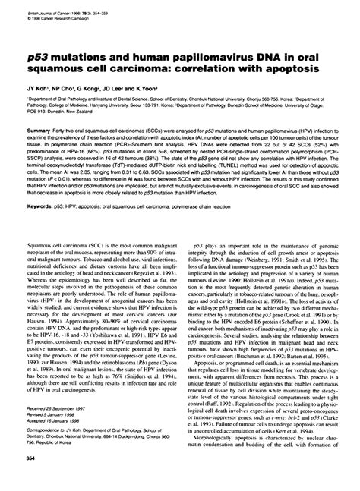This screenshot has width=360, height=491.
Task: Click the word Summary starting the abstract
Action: (38, 129)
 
